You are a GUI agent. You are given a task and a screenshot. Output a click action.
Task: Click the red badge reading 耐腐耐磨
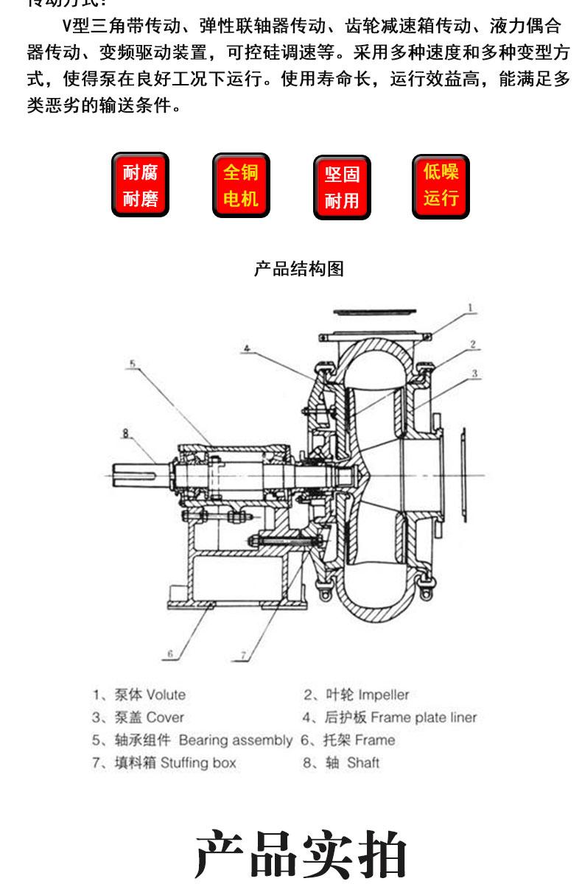pos(140,185)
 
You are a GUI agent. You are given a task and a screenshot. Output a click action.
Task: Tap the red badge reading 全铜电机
pos(241,185)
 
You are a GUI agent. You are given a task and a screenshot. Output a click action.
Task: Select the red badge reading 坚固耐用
pos(342,187)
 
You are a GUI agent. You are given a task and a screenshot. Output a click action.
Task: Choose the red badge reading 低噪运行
pos(441,185)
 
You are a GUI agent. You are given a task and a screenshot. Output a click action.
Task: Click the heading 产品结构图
pos(299,269)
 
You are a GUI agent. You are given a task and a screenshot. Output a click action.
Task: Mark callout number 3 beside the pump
pos(475,374)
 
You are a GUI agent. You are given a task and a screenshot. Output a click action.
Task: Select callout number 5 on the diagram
pos(132,363)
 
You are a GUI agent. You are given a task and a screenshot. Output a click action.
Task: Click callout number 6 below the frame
pos(169,653)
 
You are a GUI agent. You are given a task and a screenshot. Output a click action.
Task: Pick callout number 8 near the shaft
pos(126,434)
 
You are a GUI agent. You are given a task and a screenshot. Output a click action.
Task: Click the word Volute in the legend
pos(166,695)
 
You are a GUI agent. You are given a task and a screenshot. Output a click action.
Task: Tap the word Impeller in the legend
pos(383,695)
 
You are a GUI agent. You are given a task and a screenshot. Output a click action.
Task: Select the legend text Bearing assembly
pos(235,740)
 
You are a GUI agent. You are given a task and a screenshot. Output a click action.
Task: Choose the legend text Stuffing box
pos(198,762)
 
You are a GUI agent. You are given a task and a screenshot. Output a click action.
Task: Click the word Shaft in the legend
pos(363,762)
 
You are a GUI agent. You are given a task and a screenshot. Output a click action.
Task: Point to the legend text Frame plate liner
pos(424,717)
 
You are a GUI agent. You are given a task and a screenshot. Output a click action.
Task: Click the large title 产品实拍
pos(301,855)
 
